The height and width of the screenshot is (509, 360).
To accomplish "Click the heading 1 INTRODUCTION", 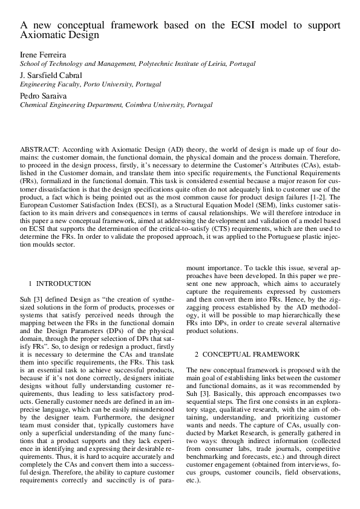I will tap(60, 283).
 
